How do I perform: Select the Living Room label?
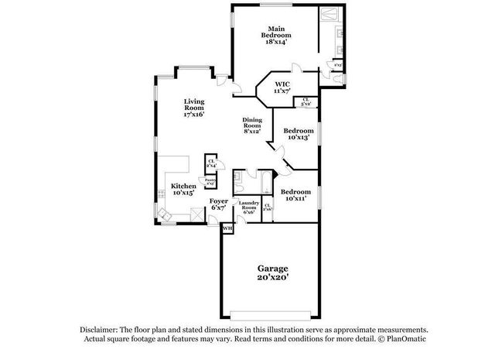tap(193, 107)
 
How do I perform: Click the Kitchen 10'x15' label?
tap(183, 189)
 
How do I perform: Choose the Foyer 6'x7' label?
tap(219, 204)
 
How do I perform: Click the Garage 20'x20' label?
tap(273, 273)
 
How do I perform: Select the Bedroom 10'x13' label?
tap(298, 135)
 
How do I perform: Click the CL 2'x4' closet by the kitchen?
tap(210, 163)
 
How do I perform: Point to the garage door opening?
tap(272, 314)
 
